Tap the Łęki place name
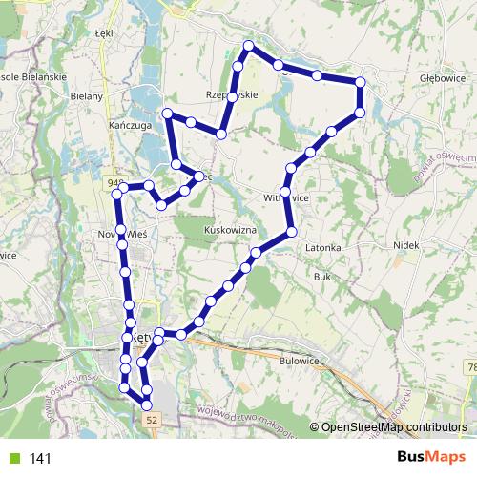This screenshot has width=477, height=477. [105, 32]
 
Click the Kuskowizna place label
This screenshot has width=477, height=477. [231, 230]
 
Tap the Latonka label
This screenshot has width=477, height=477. [323, 247]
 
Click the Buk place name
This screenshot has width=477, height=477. [321, 276]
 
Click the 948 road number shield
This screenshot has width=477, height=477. [116, 180]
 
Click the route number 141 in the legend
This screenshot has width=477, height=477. [40, 458]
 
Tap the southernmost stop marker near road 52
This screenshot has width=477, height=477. [147, 405]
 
